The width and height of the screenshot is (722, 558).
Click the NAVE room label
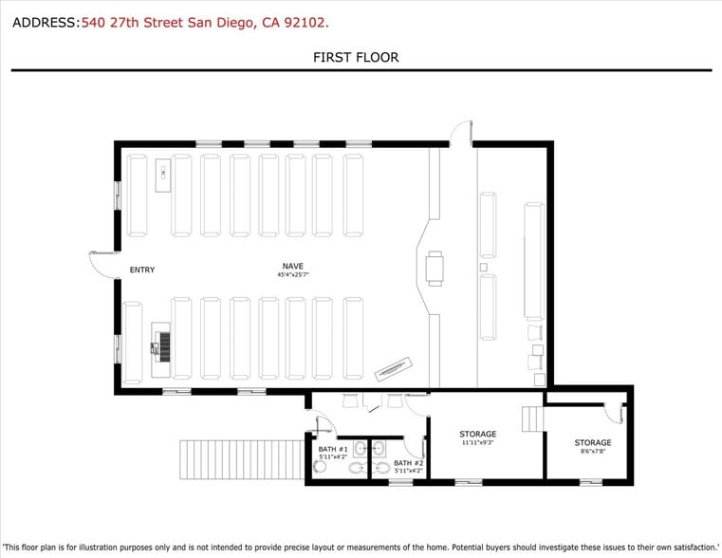click(x=293, y=265)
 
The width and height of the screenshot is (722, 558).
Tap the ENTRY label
click(x=141, y=270)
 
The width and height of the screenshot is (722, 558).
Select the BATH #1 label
click(x=333, y=449)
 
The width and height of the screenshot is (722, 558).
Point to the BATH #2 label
click(x=408, y=463)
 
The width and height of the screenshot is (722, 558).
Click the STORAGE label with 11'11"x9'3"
click(x=478, y=434)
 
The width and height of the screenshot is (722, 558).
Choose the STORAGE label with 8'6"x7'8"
click(x=592, y=442)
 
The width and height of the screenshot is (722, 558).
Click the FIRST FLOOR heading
click(x=356, y=58)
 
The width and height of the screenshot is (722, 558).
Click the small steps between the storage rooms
click(x=534, y=418)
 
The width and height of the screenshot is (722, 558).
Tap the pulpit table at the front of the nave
click(x=435, y=268)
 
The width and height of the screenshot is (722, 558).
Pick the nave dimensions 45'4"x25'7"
click(x=293, y=274)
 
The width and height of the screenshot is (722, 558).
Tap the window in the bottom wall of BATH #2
click(x=400, y=482)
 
